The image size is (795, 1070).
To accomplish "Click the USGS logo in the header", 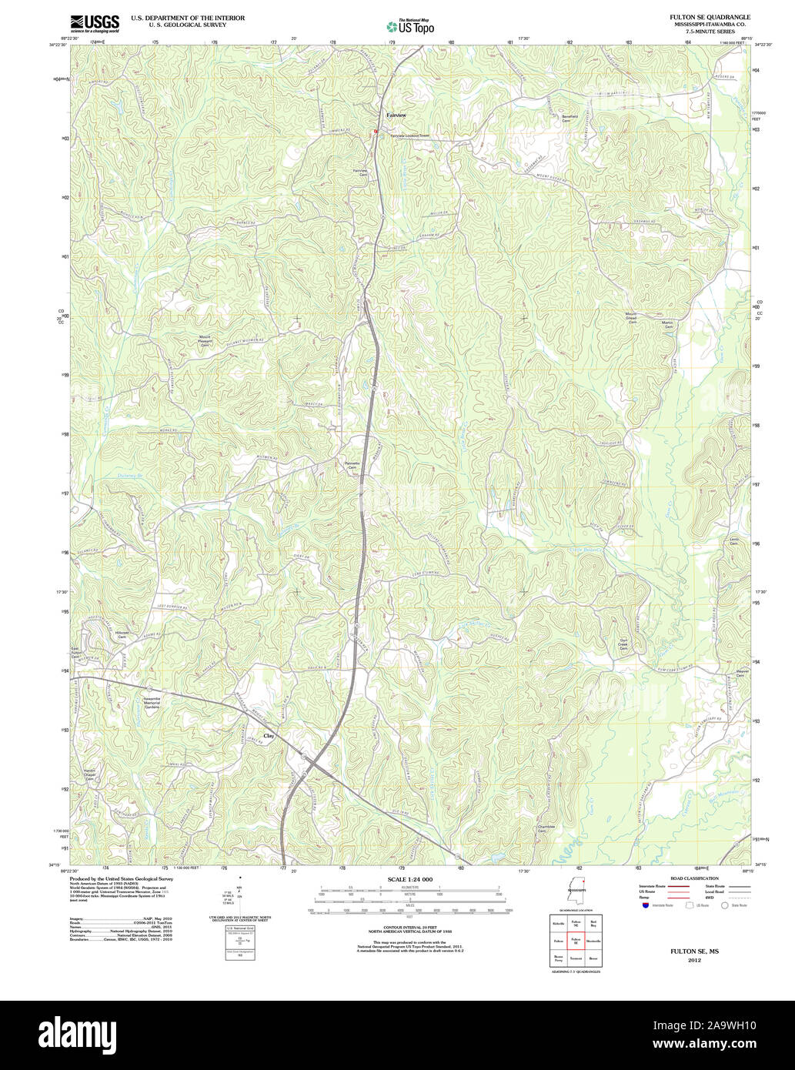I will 95,23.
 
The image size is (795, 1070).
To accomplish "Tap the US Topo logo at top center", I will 410,25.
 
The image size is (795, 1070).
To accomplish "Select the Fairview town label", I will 396,115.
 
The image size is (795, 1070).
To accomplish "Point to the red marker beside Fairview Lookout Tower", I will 376,132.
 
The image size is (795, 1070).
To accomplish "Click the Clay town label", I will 269,736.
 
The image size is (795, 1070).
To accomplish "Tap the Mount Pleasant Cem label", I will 205,341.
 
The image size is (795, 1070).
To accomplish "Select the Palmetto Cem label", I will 352,465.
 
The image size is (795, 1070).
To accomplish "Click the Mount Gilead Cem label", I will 631,317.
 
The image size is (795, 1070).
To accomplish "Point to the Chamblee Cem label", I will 546,829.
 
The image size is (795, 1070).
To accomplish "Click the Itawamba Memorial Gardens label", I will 151,702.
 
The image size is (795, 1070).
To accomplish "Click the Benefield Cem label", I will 570,119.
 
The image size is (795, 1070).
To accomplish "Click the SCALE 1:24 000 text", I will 410,879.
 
